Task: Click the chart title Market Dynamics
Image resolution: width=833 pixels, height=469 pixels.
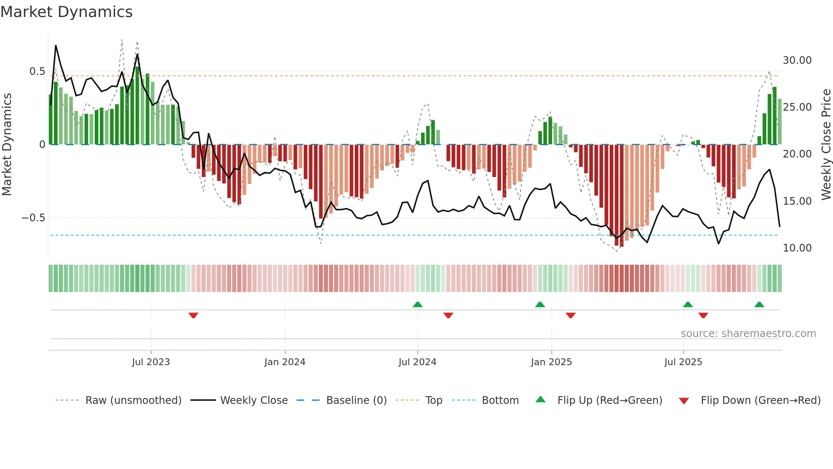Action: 67,12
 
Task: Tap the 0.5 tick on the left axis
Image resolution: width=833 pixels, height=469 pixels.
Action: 37,71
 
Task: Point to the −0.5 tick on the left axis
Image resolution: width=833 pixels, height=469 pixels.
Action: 34,218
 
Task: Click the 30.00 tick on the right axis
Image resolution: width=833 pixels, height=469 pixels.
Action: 797,60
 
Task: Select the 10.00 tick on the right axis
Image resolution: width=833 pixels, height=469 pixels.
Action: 797,248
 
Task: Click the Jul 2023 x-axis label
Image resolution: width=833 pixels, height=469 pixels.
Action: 151,362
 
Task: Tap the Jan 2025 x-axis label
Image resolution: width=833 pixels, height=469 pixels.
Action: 551,362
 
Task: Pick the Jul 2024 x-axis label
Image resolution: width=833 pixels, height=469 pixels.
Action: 417,362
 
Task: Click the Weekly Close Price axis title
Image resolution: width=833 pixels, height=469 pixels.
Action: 826,145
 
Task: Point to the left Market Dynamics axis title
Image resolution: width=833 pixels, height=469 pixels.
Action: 7,145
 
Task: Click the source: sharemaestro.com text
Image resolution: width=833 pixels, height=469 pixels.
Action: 748,334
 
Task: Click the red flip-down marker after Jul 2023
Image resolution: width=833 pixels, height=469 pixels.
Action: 193,315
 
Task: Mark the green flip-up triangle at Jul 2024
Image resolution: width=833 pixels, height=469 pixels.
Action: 418,304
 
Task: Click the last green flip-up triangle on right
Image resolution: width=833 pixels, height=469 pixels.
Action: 759,304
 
